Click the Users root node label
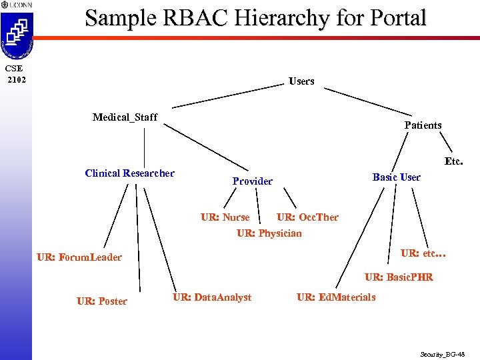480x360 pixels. tap(301, 81)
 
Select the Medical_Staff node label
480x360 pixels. tap(125, 117)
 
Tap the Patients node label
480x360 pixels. tap(423, 125)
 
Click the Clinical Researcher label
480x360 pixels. tap(129, 173)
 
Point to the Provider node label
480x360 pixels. tap(252, 181)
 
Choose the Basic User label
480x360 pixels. tap(396, 177)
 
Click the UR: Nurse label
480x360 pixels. tap(225, 217)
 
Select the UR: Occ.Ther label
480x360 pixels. tap(307, 217)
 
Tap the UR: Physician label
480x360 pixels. tap(269, 233)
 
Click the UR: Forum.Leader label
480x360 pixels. tap(79, 257)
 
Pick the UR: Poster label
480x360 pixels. tap(101, 301)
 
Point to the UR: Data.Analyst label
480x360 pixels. tap(212, 297)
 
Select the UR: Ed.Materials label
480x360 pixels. tap(336, 297)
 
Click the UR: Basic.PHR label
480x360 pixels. tap(399, 277)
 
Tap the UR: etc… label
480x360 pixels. tap(423, 253)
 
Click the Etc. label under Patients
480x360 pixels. tap(453, 161)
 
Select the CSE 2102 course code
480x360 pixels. tap(15, 74)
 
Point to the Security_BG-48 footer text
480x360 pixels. tap(443, 354)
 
